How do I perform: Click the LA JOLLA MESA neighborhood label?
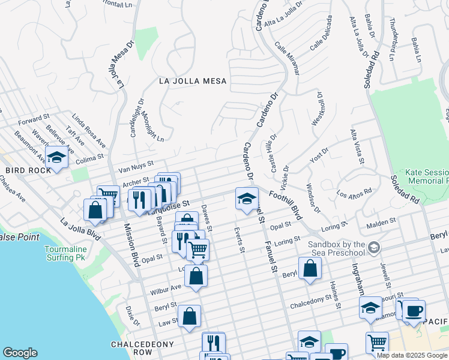pos(193,81)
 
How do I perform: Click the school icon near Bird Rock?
pos(56,158)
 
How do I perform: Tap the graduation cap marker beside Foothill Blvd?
pos(246,199)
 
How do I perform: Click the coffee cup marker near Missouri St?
pos(414,311)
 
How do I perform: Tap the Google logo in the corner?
pos(20,353)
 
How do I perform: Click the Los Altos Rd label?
pos(354,194)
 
